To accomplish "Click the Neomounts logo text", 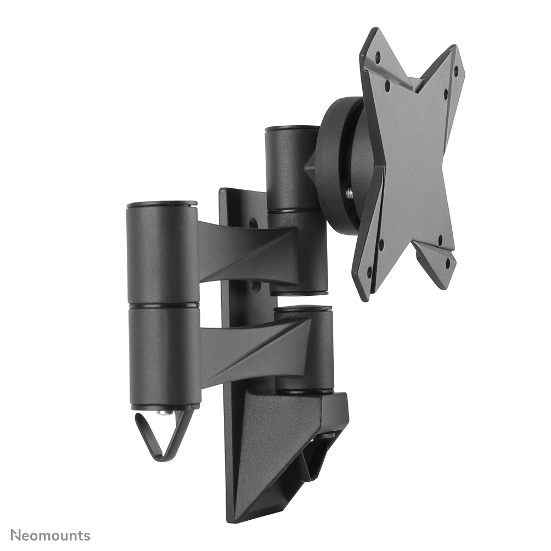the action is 50,536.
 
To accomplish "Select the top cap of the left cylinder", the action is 162,205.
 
